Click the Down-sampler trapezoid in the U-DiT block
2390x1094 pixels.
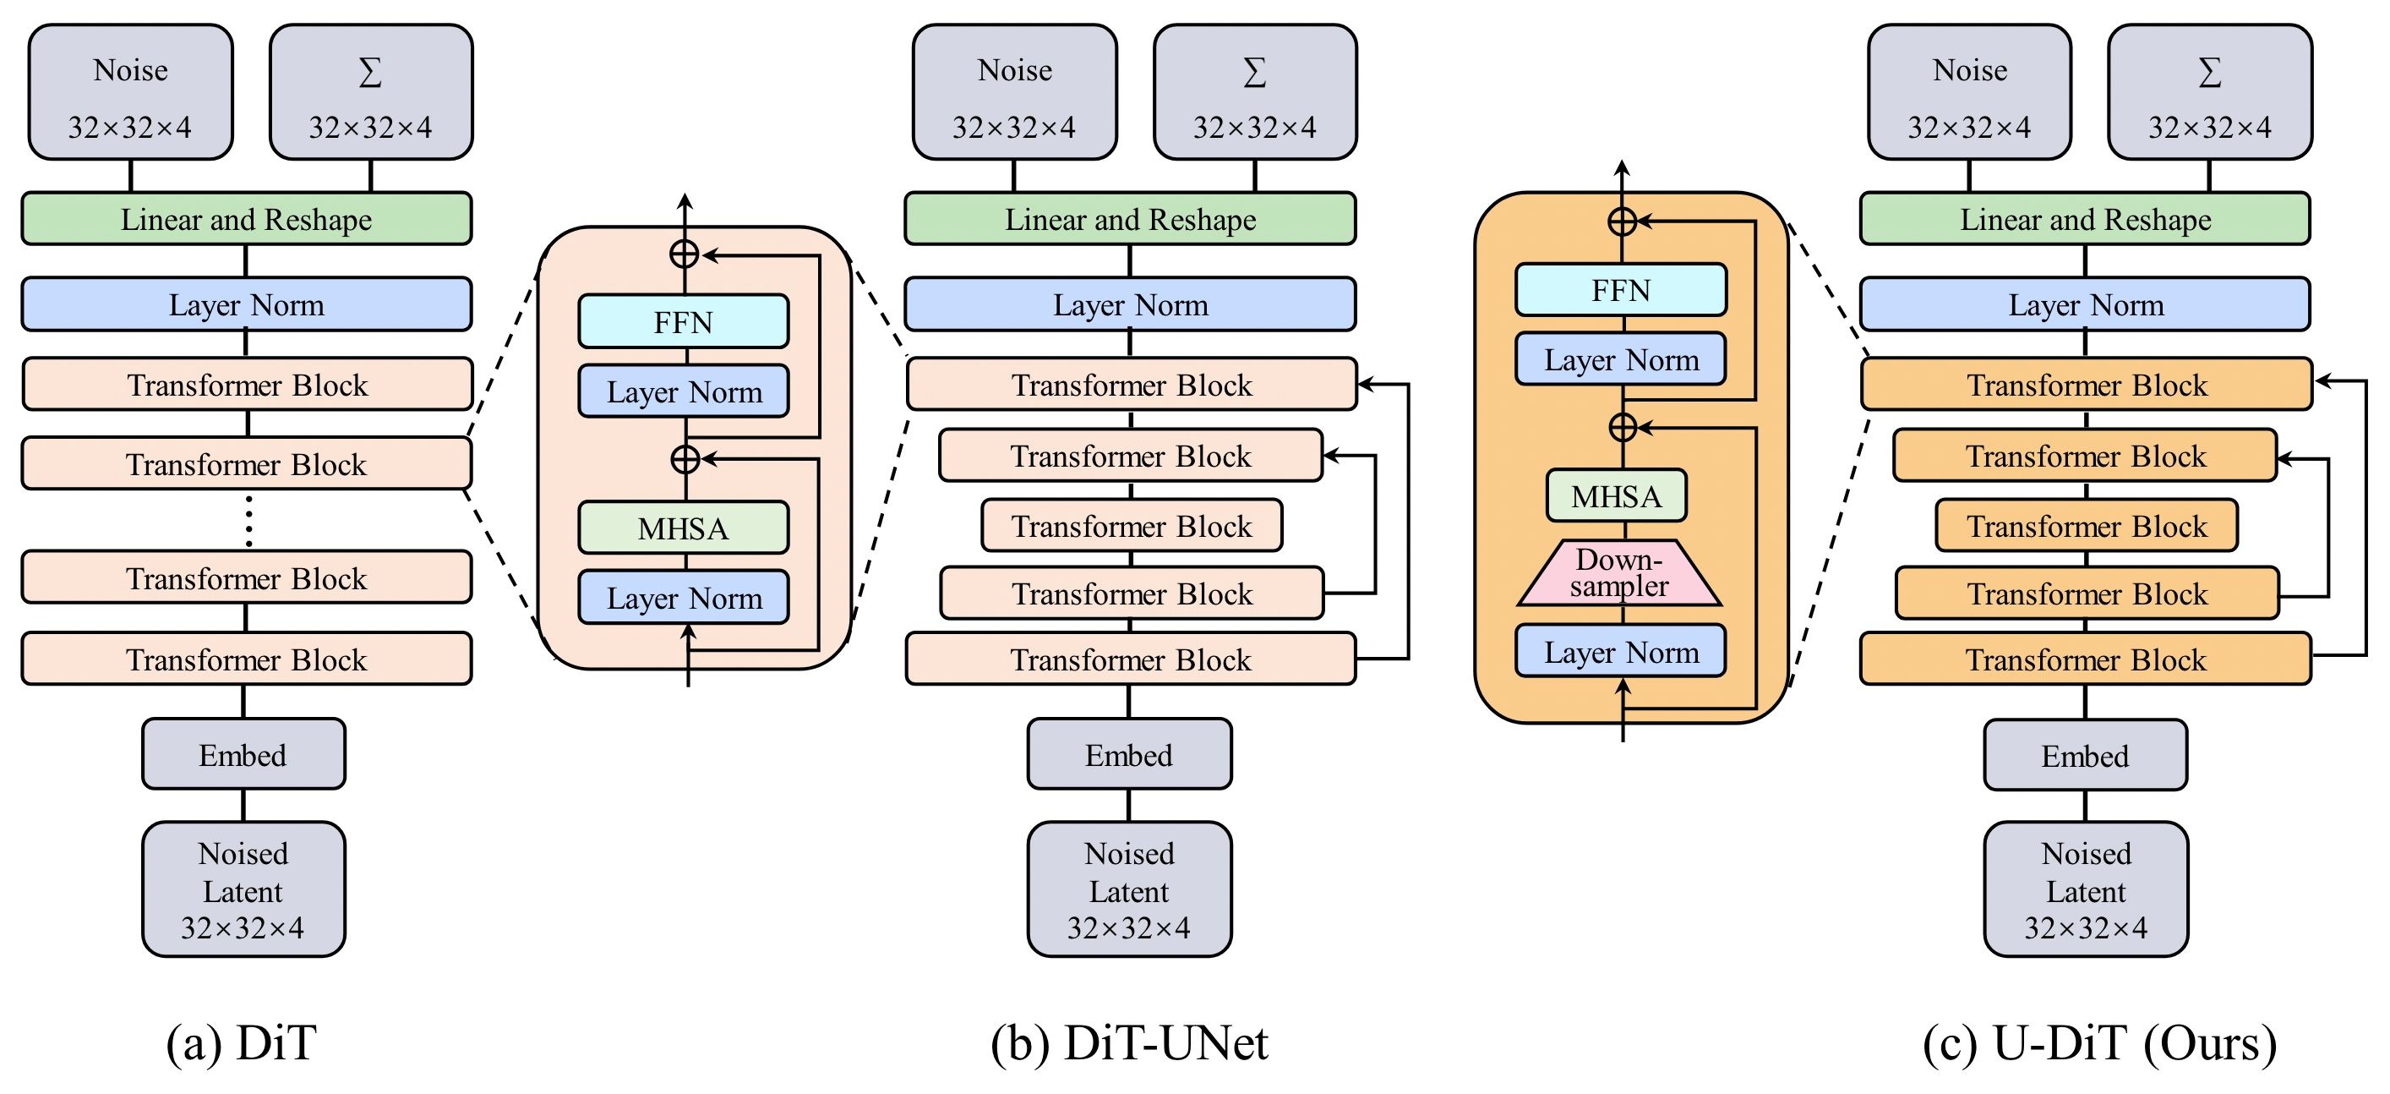coord(1620,573)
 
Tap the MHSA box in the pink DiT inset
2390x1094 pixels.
coord(684,528)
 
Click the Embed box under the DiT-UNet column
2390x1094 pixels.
coord(1129,754)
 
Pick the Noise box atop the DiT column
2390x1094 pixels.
coord(130,92)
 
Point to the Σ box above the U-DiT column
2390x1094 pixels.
coord(2209,92)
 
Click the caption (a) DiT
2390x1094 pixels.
coord(241,1042)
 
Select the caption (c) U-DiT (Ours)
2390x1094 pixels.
coord(2099,1042)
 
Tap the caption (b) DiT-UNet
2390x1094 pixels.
coord(1129,1042)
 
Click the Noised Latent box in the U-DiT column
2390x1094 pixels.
coord(2086,889)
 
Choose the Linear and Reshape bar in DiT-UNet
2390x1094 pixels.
coord(1130,219)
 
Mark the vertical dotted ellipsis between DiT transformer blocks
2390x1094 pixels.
coord(248,521)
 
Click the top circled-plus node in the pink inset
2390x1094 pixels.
coord(684,254)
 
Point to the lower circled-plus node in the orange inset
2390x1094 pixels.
coord(1622,427)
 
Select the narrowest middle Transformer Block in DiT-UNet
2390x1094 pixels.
coord(1132,526)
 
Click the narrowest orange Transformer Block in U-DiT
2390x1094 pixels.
coord(2087,526)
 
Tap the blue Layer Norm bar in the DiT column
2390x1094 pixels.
coord(247,304)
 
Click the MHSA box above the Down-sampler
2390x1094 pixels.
coord(1616,495)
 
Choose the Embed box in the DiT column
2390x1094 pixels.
coord(243,754)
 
